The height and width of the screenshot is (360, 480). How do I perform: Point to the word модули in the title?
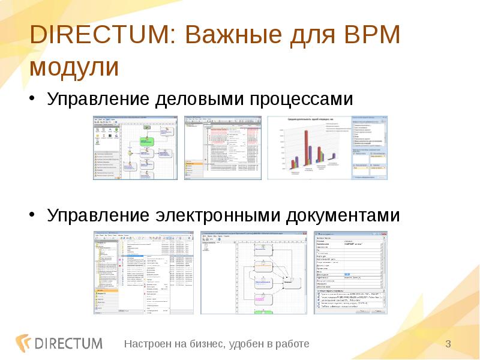[x=74, y=67]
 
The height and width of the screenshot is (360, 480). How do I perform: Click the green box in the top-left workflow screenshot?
[x=147, y=141]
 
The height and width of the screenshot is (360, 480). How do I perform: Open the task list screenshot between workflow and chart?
[x=222, y=148]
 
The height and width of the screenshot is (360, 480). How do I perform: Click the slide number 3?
[x=448, y=343]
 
